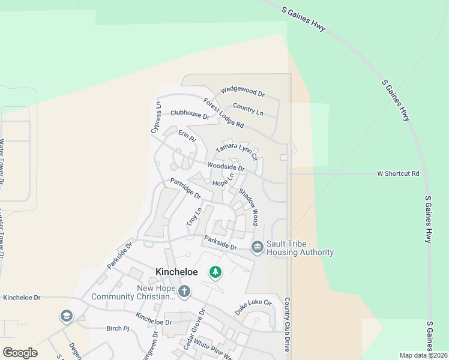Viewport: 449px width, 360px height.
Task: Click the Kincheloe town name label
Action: (x=176, y=272)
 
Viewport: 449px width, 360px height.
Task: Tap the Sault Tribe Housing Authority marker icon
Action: (x=258, y=247)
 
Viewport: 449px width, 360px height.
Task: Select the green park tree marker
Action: (x=215, y=273)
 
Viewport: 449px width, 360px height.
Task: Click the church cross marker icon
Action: (x=184, y=292)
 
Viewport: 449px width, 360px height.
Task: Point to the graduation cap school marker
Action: (x=66, y=316)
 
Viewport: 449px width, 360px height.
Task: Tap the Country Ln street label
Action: (x=248, y=110)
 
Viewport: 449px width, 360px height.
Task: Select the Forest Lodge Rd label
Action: (x=223, y=113)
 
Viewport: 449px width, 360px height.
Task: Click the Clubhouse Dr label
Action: (x=190, y=114)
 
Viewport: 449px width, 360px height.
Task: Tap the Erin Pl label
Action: (x=187, y=135)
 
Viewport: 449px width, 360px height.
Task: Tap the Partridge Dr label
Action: (x=185, y=188)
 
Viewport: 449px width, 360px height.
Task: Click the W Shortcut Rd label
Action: (x=397, y=173)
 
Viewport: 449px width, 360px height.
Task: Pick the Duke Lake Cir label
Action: (x=253, y=308)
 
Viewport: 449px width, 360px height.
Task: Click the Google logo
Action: (x=20, y=353)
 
